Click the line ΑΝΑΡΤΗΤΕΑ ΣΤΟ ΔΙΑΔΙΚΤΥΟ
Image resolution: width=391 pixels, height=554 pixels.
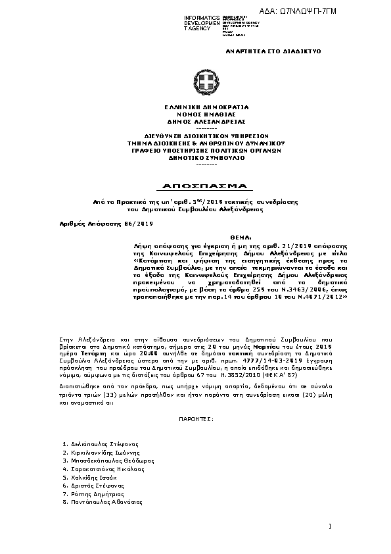(x=273, y=51)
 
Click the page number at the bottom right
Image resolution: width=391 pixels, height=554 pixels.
(x=329, y=526)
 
